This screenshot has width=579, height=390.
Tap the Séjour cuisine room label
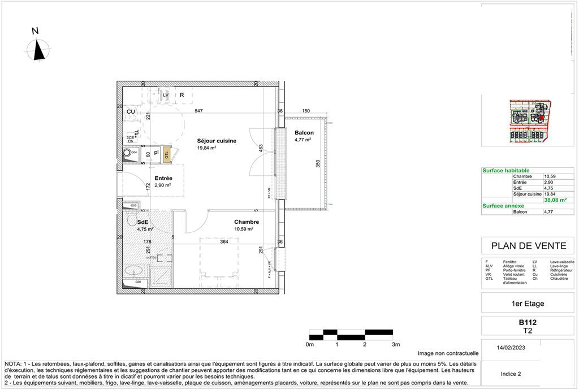pos(217,141)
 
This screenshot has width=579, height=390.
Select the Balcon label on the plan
pos(304,133)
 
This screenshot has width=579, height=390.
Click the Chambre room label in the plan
pos(247,222)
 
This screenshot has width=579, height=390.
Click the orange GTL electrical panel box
pos(167,154)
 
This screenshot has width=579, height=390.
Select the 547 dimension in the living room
pos(199,111)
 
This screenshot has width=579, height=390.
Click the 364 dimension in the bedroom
pos(224,242)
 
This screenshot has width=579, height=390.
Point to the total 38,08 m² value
pos(555,200)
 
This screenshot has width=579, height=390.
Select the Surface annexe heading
pos(503,206)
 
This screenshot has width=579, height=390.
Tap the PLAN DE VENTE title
pos(524,246)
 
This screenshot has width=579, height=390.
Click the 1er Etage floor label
pos(527,304)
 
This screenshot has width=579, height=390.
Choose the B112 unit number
pos(527,322)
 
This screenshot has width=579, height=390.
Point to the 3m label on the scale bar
pos(395,344)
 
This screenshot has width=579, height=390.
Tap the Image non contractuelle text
pos(448,353)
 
